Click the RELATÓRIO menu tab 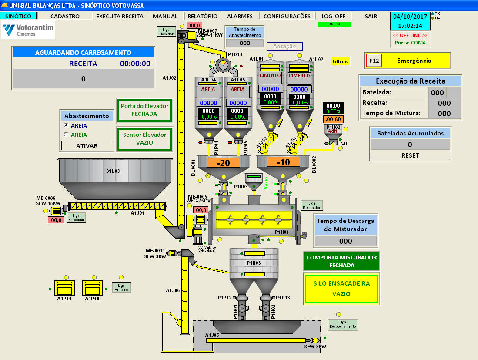tap(202, 16)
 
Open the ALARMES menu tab tap(240, 16)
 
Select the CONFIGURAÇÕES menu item tap(287, 16)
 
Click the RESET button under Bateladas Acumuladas tap(410, 155)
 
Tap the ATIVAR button tap(87, 146)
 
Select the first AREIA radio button tap(66, 125)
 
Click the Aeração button tap(284, 47)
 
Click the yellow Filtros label tap(340, 61)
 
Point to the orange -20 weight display tap(223, 162)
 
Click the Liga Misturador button tap(312, 205)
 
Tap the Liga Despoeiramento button tap(343, 324)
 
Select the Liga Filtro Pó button tap(121, 287)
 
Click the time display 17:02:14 tap(409, 26)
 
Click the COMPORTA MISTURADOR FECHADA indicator tap(341, 261)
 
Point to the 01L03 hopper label tap(113, 171)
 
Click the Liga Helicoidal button tap(76, 218)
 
